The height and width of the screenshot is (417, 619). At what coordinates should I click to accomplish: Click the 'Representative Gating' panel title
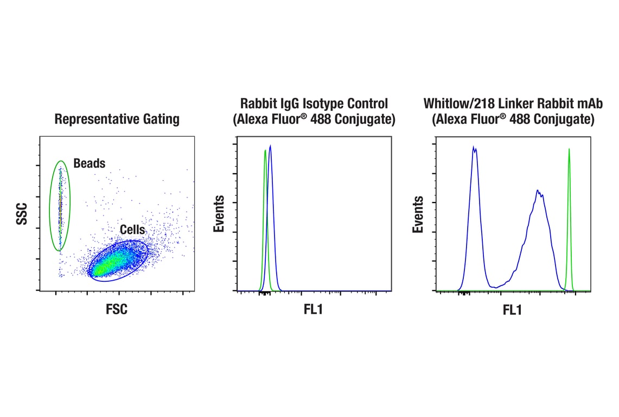[117, 119]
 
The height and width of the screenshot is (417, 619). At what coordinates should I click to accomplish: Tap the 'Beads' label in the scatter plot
[90, 163]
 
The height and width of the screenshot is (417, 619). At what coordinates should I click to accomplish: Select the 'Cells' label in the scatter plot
[132, 230]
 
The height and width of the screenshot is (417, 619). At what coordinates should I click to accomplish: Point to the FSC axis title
[117, 309]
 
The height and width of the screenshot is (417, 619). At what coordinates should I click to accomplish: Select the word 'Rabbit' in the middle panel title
[257, 103]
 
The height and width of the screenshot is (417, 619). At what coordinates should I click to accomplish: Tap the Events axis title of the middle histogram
[219, 214]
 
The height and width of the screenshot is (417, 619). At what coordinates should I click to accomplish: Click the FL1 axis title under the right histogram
[512, 311]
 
